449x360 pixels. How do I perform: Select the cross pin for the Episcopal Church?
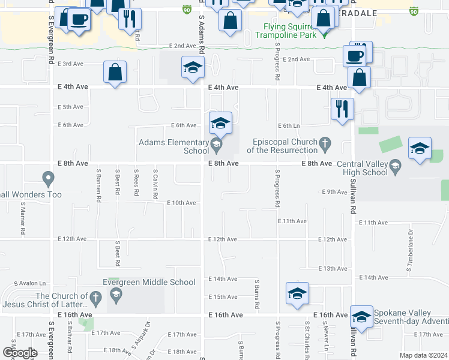coord(325,143)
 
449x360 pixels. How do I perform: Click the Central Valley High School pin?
coord(395,166)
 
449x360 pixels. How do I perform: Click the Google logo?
coord(20,353)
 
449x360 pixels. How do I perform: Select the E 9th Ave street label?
coord(334,192)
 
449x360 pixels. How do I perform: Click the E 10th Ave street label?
coord(181,203)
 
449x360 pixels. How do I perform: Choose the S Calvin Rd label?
coord(155,184)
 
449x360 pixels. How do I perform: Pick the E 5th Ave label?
coord(70,107)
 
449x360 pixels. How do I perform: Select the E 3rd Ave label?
coord(70,64)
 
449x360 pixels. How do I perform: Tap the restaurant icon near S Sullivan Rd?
coord(342,109)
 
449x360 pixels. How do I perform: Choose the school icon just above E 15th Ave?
coord(297,293)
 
